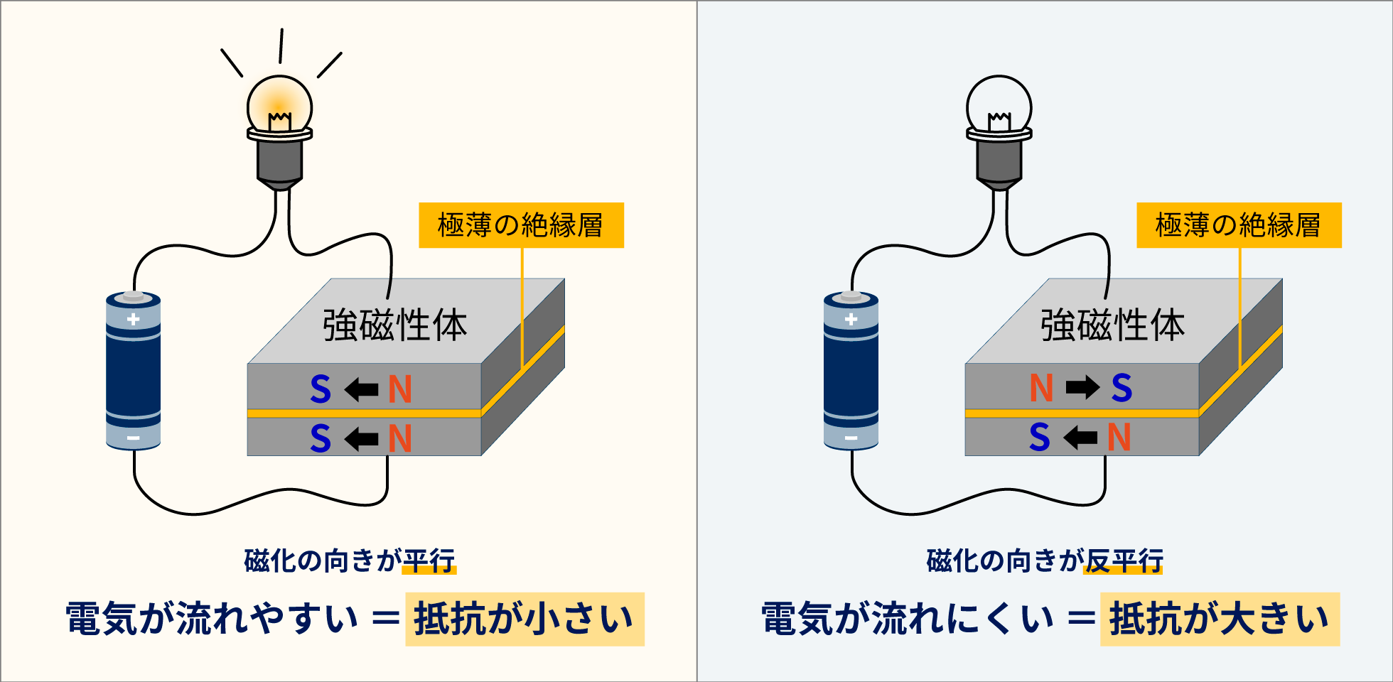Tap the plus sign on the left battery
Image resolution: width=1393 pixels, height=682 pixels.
(133, 320)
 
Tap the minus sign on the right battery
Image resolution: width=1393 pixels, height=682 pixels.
(851, 438)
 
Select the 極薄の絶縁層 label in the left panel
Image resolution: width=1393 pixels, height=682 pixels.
(521, 225)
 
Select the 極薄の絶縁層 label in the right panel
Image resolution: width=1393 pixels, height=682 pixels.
(1239, 225)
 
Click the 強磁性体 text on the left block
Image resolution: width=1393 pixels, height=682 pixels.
(394, 325)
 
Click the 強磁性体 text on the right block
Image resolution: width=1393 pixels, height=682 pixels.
(1112, 325)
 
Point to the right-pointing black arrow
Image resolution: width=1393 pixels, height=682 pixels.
(1082, 388)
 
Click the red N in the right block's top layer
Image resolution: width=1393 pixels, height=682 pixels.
(1041, 388)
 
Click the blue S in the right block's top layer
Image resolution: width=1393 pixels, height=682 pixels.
(1122, 388)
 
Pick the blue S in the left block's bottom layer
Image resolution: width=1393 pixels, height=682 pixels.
(321, 438)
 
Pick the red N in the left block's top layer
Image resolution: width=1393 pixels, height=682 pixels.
(400, 389)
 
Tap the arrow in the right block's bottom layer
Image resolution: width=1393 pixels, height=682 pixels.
(1080, 437)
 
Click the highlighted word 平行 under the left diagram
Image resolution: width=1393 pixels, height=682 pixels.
(429, 561)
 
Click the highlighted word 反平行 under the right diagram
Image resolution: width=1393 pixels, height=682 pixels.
(1123, 561)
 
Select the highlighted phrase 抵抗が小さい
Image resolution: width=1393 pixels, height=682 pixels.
(525, 619)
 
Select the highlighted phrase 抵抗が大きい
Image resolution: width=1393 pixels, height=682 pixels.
(1220, 619)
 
